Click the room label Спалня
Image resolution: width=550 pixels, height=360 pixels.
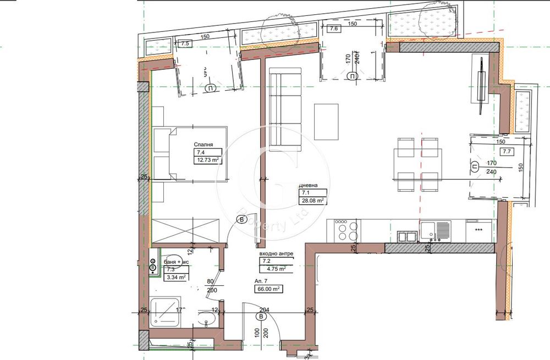pyautogui.click(x=203, y=146)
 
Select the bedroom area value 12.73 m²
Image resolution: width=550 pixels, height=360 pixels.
pyautogui.click(x=207, y=161)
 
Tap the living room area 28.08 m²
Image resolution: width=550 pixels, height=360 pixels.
pyautogui.click(x=312, y=201)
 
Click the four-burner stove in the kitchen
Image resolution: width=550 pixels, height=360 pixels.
pyautogui.click(x=347, y=231)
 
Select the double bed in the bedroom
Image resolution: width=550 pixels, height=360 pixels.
pyautogui.click(x=190, y=154)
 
